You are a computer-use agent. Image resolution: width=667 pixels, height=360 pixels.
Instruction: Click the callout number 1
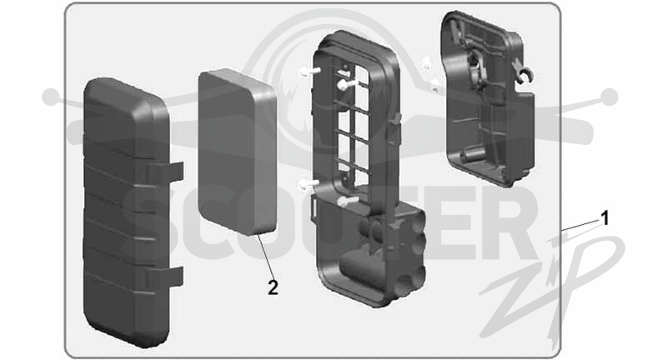604,218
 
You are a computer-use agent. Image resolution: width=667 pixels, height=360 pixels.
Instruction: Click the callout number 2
273,287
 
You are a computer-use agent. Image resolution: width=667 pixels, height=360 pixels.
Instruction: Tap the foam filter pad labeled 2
237,152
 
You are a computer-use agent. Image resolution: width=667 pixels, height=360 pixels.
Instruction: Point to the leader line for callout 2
264,257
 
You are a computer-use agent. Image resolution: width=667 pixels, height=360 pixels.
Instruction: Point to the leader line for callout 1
579,225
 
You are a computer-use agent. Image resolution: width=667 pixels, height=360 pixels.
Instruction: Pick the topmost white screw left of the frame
308,72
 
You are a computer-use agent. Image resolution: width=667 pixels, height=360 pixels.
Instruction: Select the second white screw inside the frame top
347,84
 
